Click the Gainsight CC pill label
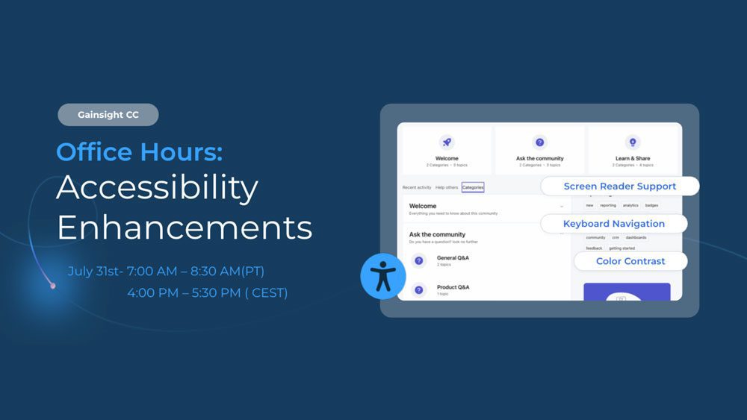[x=108, y=115]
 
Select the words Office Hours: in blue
[x=139, y=152]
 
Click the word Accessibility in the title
[x=157, y=189]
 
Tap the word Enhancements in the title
[x=184, y=227]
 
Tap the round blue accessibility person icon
[x=382, y=276]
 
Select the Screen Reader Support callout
[x=619, y=187]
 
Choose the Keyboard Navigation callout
[x=613, y=224]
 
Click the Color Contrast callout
[x=630, y=261]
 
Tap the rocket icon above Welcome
[x=447, y=142]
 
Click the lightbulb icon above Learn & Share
[x=633, y=142]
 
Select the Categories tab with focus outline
[x=472, y=187]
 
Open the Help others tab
[x=447, y=187]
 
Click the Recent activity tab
[x=417, y=187]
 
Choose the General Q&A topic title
[x=453, y=257]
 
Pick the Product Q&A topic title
[x=453, y=287]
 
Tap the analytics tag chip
[x=630, y=205]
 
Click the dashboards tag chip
[x=636, y=237]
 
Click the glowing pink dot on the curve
[x=52, y=286]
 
